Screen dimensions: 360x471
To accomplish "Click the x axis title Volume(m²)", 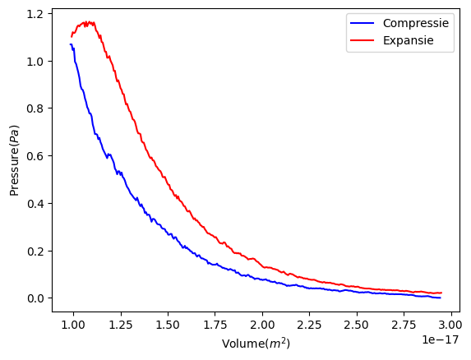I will coord(256,343).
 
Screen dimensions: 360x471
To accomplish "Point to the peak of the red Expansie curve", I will coord(89,22).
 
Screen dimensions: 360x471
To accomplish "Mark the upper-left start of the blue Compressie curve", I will coord(72,44).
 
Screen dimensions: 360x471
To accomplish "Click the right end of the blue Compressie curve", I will coord(440,298).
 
